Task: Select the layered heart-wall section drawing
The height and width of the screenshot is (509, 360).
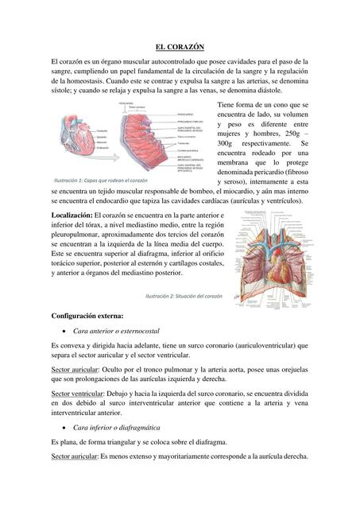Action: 148,137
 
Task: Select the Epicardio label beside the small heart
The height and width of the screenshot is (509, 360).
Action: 103,138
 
